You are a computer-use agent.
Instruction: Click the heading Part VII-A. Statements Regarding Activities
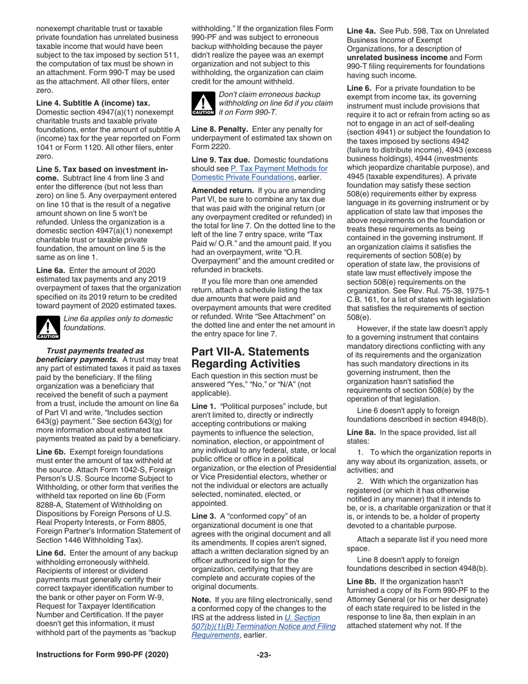[x=250, y=358]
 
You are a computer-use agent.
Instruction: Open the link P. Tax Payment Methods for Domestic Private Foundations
[x=259, y=172]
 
